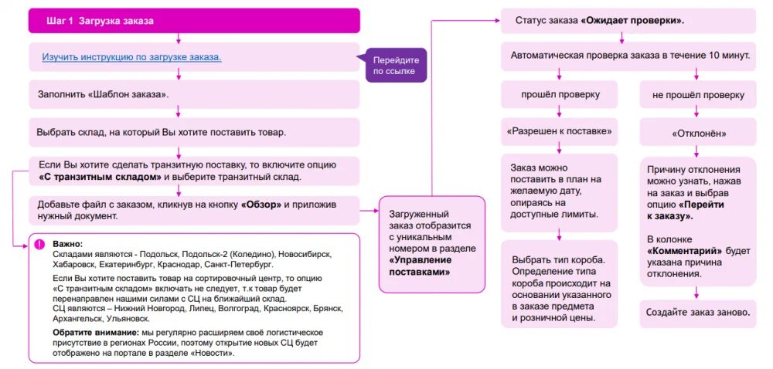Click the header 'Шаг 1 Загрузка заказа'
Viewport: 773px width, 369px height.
193,21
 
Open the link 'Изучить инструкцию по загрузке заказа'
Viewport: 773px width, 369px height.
131,57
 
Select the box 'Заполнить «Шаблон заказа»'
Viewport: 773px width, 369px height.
193,94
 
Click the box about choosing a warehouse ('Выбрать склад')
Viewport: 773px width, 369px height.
193,132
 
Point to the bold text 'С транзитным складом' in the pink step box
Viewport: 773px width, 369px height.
100,177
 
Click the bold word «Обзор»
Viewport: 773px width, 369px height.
265,205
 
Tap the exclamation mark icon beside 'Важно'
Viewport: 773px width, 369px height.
39,244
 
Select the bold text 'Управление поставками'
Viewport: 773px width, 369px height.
421,266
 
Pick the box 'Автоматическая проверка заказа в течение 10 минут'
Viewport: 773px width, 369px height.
626,56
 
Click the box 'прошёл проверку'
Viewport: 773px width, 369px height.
560,95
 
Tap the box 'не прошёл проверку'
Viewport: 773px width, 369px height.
697,95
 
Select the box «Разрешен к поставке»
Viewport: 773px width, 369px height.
560,131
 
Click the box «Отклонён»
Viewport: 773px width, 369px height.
697,133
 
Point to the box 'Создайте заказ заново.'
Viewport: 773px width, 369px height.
697,313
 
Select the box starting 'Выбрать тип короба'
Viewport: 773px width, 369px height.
560,287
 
